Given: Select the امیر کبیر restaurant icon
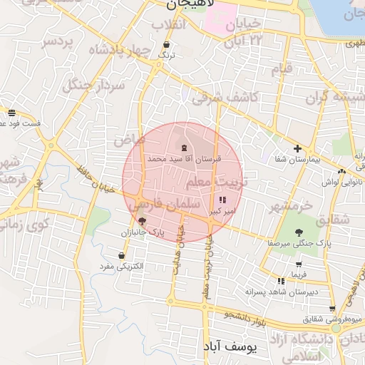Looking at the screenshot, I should tap(223, 200).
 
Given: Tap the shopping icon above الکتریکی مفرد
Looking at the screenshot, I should tap(122, 255).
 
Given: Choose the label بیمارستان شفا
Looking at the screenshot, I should tap(293, 160).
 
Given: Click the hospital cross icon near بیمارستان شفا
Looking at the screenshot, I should tap(297, 149).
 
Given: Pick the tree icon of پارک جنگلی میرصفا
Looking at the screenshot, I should tap(297, 232).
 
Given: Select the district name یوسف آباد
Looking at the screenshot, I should tap(239, 346).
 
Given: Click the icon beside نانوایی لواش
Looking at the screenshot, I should tap(343, 171).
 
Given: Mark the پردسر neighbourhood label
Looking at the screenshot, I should tap(57, 41).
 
